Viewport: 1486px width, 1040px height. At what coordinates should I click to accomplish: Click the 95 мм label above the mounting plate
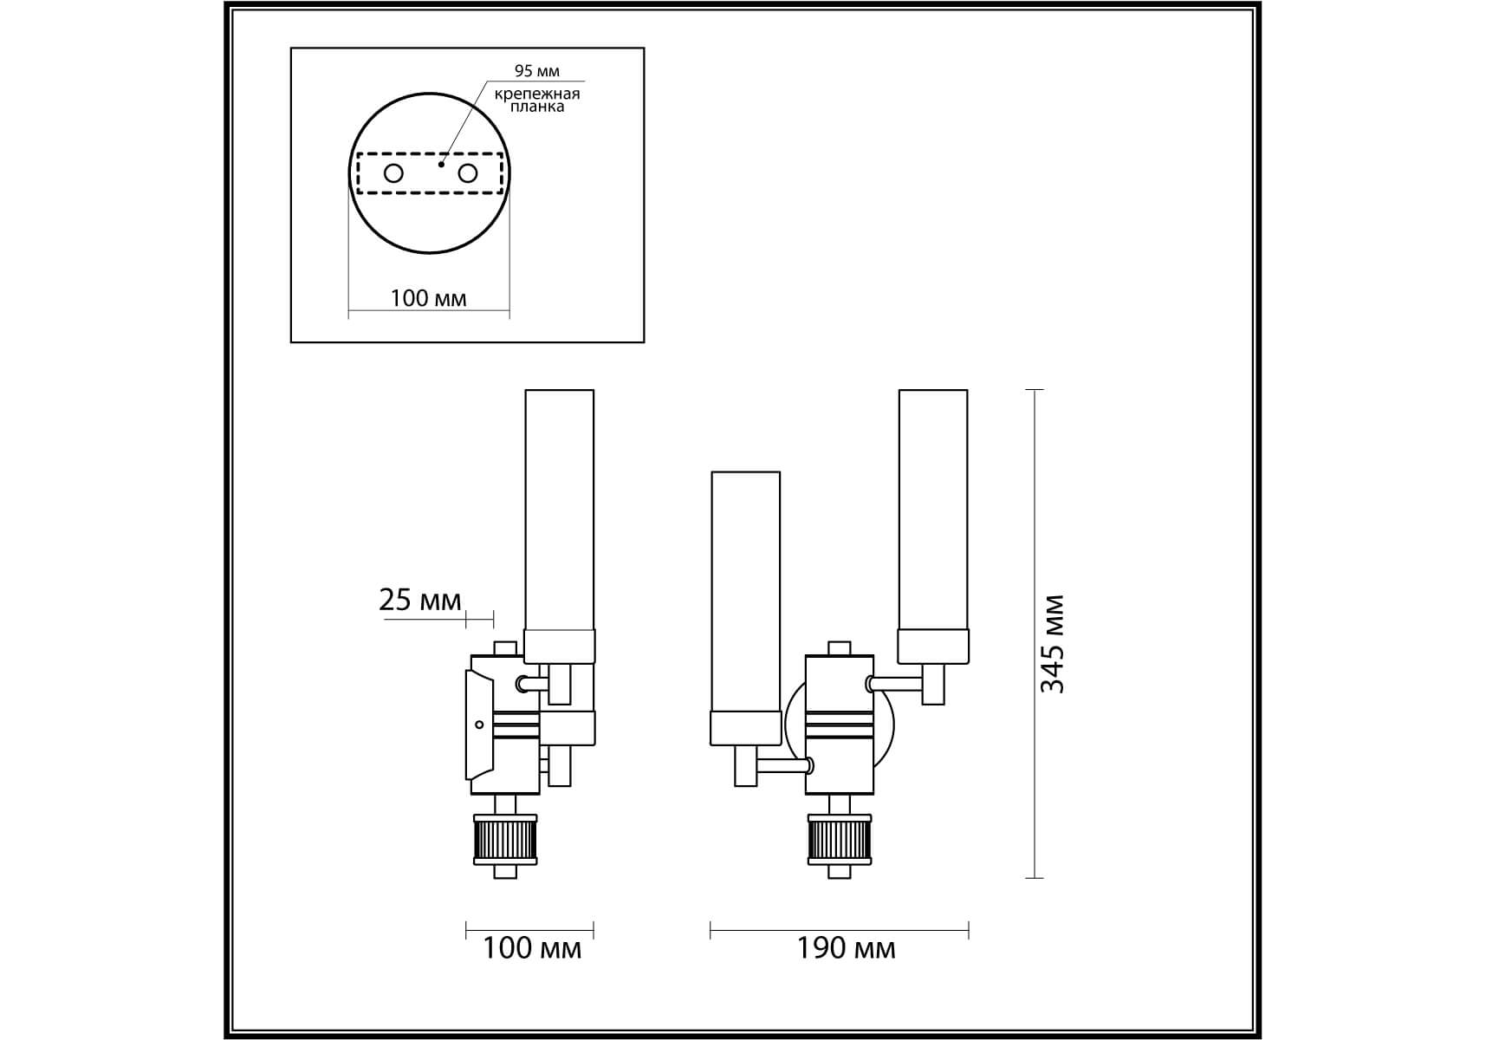pos(536,71)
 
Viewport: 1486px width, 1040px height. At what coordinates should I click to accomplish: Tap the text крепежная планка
pos(537,100)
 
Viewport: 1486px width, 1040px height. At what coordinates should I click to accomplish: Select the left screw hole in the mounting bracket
pos(393,173)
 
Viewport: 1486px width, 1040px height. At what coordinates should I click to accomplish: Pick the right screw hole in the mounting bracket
pos(468,173)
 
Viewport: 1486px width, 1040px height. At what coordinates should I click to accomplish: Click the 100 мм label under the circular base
pos(428,298)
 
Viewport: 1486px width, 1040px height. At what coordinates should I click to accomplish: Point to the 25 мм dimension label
pos(420,600)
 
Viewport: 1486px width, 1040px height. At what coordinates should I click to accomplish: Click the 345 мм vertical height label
pos(1052,644)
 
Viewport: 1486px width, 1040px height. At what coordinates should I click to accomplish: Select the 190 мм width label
pos(846,948)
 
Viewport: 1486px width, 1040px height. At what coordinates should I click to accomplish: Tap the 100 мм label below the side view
pos(531,948)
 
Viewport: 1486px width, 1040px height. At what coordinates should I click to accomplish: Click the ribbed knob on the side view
pos(505,840)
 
